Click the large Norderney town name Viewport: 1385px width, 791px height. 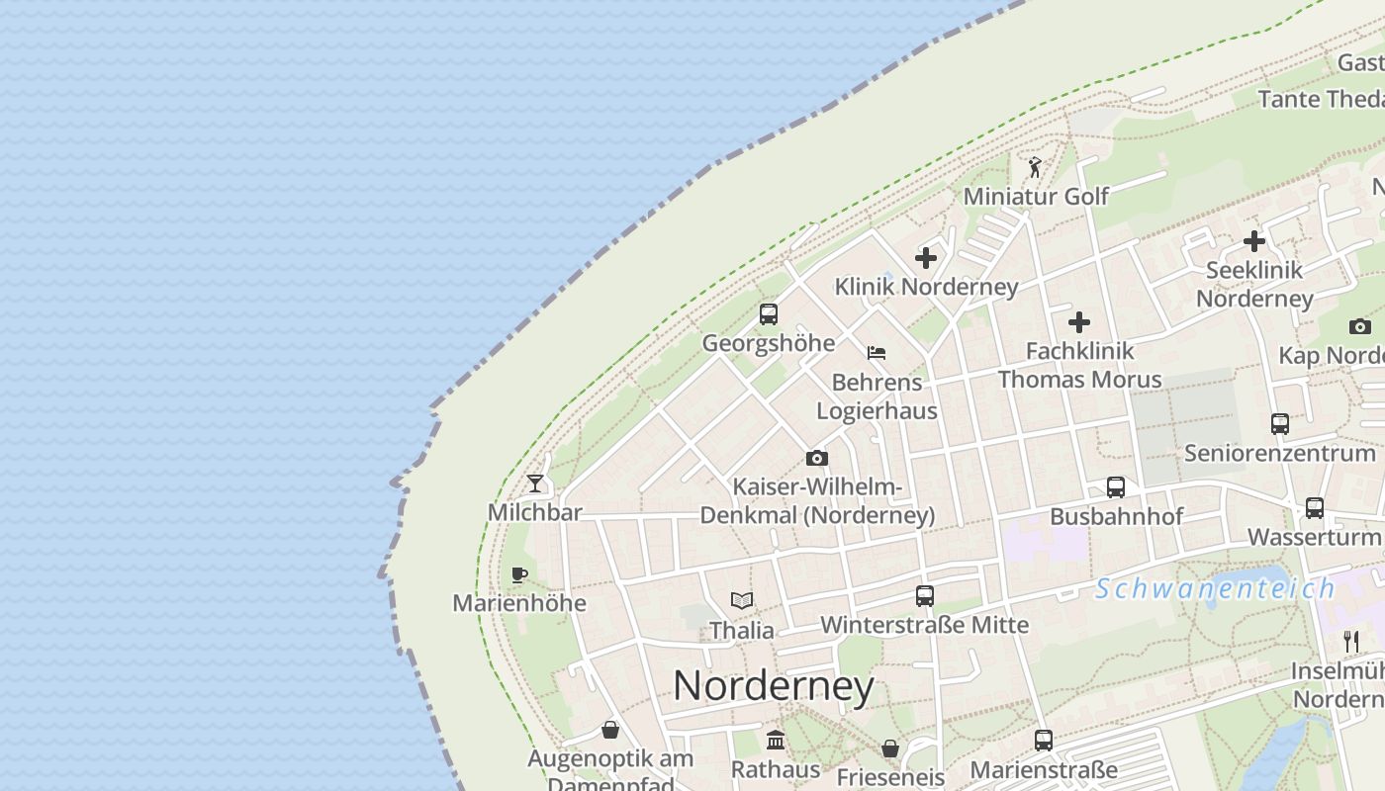pos(774,685)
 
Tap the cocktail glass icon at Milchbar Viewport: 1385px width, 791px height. pos(535,483)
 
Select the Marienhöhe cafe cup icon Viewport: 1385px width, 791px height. pos(518,574)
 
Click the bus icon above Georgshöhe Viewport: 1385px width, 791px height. pos(769,314)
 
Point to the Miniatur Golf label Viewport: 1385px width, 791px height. pos(1036,196)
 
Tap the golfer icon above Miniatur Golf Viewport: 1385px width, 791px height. pos(1035,167)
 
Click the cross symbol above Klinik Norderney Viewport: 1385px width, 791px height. pos(926,258)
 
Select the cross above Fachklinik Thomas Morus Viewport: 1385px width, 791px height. pos(1079,322)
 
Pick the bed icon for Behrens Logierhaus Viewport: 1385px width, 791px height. pos(876,352)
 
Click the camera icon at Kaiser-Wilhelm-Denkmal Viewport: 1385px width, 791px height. pos(816,458)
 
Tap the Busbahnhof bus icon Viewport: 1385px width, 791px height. pos(1116,486)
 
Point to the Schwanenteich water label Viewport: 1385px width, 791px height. pos(1215,588)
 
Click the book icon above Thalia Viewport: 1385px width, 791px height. pos(742,600)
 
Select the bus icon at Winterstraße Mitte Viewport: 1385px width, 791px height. pos(925,595)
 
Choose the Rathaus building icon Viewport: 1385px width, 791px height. pos(776,740)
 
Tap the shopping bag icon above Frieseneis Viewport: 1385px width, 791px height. pos(890,748)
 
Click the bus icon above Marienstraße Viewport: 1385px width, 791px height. pos(1044,740)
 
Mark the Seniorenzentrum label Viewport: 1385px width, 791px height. pos(1280,453)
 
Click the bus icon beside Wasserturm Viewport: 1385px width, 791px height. pos(1315,507)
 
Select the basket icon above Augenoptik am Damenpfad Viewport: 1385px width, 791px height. pos(610,730)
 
